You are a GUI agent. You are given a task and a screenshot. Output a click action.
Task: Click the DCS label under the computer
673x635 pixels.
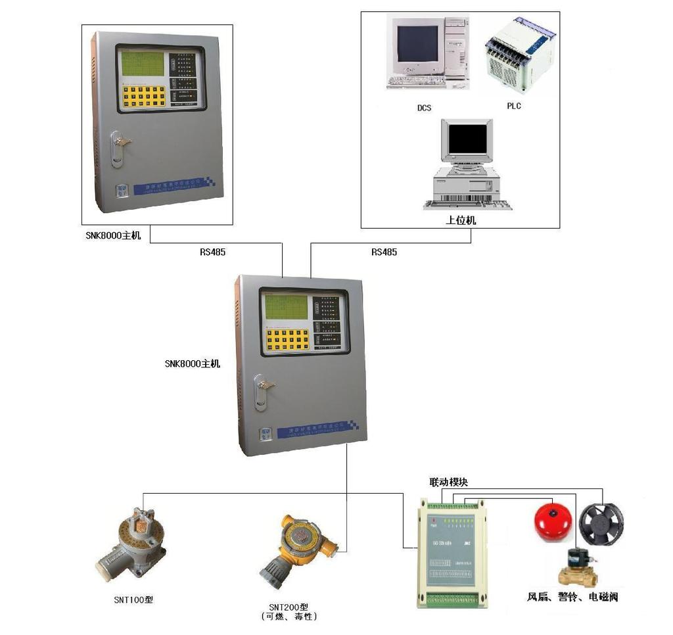tap(424, 108)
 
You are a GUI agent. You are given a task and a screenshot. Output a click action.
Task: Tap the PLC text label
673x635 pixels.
tap(514, 106)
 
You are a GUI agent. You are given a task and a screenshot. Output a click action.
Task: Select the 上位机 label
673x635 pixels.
tap(461, 221)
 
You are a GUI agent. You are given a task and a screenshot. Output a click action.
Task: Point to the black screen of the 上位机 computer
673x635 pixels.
tap(467, 138)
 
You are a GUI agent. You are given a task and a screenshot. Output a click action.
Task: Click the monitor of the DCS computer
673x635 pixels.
tap(417, 44)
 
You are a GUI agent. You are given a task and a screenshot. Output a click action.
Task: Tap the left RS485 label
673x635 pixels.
tap(213, 252)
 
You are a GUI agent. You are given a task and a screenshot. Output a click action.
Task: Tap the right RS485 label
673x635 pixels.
tap(384, 252)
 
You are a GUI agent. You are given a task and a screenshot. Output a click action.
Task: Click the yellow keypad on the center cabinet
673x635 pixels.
tap(287, 339)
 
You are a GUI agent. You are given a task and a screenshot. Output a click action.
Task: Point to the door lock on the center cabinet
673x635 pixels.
tap(263, 391)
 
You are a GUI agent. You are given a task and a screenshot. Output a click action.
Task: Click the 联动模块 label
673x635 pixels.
tap(448, 482)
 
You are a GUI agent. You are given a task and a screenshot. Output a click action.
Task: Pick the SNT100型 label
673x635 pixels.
tap(133, 600)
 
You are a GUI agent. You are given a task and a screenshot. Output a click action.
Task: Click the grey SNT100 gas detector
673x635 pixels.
tap(130, 542)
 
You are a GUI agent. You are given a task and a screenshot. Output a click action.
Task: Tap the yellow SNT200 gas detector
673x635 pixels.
tap(296, 546)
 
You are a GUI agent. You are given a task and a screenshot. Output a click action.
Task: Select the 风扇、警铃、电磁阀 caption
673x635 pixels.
tap(572, 597)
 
